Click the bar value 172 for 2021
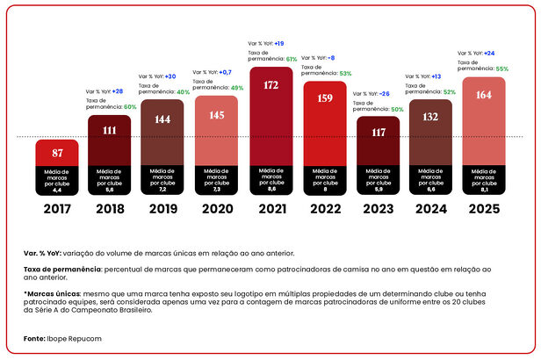[x=270, y=85]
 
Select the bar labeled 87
[x=57, y=153]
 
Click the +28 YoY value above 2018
[x=117, y=91]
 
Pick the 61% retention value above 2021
[x=292, y=59]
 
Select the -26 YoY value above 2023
[x=385, y=93]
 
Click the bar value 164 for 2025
[x=484, y=96]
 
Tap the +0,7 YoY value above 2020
[x=225, y=72]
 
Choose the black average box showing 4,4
[x=57, y=178]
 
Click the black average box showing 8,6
[x=270, y=178]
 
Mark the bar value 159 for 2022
[x=324, y=98]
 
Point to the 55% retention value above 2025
[x=502, y=68]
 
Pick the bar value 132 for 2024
[x=430, y=117]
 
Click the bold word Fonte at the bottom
[x=34, y=338]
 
